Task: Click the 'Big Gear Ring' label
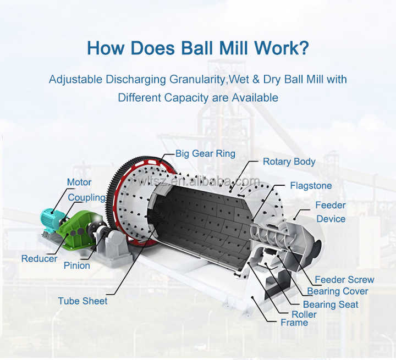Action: tap(205, 153)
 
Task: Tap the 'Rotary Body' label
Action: tap(289, 162)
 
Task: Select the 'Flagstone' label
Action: tap(311, 186)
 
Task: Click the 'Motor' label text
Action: tap(79, 182)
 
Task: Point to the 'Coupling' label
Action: tap(87, 198)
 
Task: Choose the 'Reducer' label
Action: tap(39, 258)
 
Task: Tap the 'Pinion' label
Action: tap(77, 265)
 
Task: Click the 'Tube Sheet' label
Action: tap(82, 301)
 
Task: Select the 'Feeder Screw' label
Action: tap(344, 279)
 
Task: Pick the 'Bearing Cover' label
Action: tap(338, 291)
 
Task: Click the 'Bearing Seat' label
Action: tap(331, 304)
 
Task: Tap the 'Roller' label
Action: tap(304, 314)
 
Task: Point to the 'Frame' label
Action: tap(294, 323)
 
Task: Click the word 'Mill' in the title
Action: tap(234, 48)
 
